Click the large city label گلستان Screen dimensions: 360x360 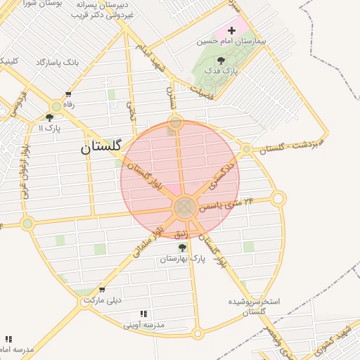coord(101,147)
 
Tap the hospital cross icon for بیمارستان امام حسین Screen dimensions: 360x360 coord(232,30)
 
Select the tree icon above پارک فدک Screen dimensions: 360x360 coord(221,60)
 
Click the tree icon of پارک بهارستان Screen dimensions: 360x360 coord(183,247)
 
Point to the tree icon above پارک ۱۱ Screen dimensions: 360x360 coord(50,118)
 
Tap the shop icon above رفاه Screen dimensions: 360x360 coord(68,94)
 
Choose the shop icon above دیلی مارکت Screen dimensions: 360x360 coord(103,290)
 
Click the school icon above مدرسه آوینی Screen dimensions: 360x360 coord(143,314)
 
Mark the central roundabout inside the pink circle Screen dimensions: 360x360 coord(184,207)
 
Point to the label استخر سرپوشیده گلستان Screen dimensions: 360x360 coord(253,306)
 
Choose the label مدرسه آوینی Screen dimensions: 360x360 coord(143,325)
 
